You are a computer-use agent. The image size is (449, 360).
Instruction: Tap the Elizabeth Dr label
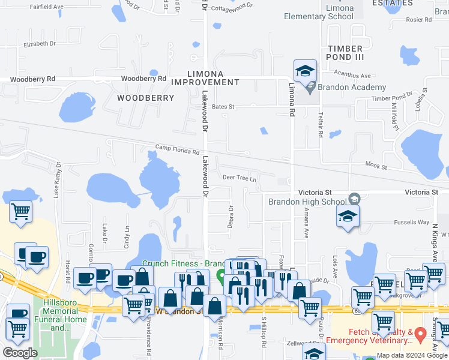pos(40,44)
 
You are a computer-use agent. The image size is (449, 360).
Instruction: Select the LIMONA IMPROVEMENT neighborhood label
pos(205,77)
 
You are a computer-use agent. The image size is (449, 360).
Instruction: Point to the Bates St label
pos(222,106)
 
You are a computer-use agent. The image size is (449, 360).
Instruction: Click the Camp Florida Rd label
pos(177,149)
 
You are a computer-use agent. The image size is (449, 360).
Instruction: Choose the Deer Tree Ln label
pos(240,178)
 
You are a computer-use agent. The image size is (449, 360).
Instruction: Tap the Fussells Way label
pos(411,222)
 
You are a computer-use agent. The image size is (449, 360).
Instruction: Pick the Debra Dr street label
pos(231,217)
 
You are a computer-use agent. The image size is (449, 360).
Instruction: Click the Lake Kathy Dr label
pos(58,179)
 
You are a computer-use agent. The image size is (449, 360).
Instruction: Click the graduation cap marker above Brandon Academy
pos(305,71)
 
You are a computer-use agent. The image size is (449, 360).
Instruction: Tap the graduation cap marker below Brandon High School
pos(348,217)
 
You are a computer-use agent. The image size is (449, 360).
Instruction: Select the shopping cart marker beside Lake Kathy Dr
pos(21,211)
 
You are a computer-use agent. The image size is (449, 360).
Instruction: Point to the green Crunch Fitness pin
pos(221,278)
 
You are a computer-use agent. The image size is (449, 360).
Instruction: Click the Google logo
pos(20,353)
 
